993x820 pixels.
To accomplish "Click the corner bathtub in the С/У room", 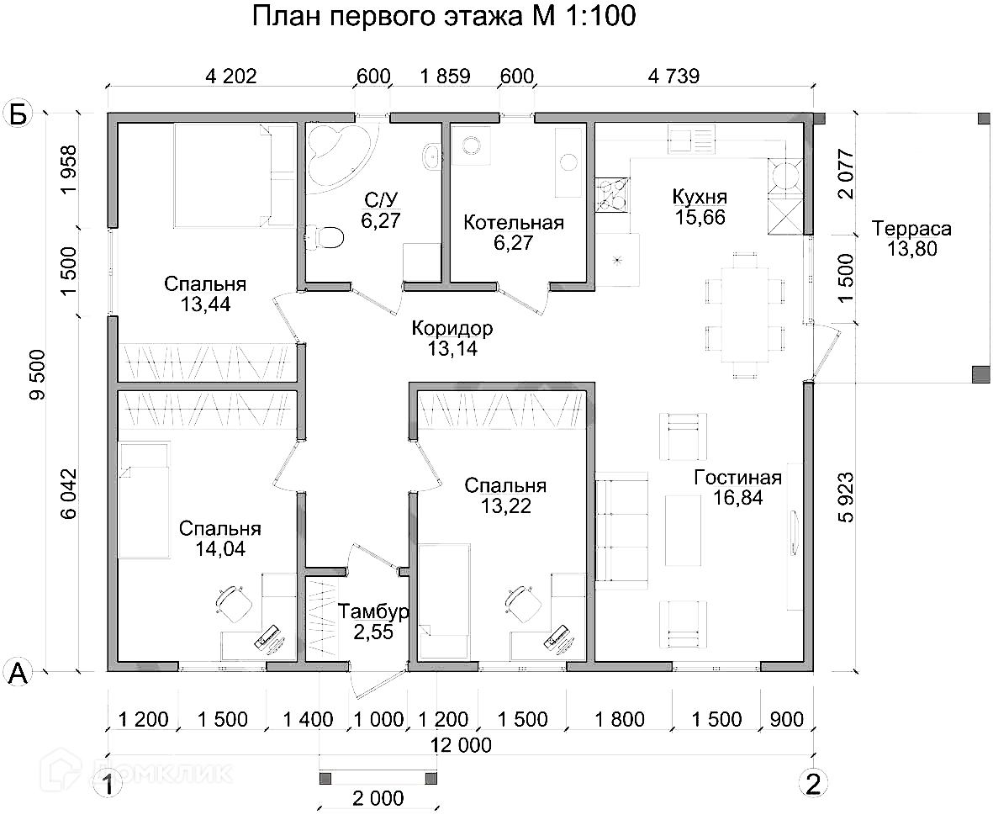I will click(x=336, y=151).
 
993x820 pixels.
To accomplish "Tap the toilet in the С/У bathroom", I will click(x=326, y=237).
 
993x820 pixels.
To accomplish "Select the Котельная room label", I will click(x=514, y=223).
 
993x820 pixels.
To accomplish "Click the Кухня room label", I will click(x=700, y=197).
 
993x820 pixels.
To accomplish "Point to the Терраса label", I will click(x=911, y=229).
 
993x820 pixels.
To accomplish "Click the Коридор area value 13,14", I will click(x=446, y=348).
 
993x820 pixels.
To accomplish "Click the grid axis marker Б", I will click(x=18, y=114).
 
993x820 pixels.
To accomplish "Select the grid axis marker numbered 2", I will click(x=811, y=783).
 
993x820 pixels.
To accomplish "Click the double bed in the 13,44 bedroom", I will click(x=224, y=175).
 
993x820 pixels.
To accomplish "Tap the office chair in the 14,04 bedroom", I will click(x=233, y=601).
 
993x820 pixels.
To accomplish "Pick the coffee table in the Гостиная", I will click(x=683, y=531).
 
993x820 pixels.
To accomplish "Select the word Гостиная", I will click(x=737, y=478).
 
